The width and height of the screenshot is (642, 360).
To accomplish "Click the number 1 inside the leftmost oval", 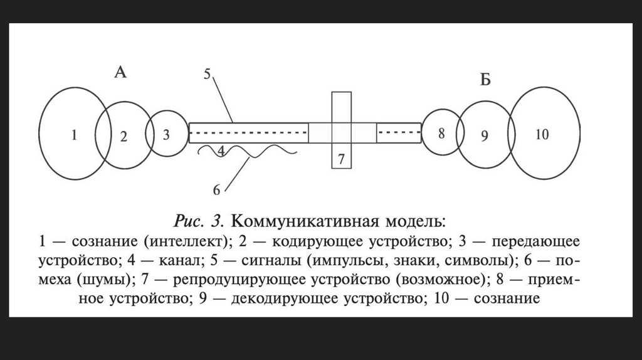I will [x=74, y=135].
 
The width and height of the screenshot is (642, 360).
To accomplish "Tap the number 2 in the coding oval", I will [x=124, y=137].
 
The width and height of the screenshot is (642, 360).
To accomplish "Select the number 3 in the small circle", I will [x=166, y=134].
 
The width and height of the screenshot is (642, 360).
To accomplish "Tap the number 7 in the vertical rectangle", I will [x=341, y=159].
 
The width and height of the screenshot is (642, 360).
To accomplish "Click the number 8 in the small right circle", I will [x=441, y=133].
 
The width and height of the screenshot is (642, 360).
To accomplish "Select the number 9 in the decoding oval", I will [x=484, y=136].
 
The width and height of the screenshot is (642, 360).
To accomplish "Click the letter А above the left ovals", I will [x=120, y=73].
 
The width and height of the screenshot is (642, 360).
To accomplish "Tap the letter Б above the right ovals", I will [x=485, y=82].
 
